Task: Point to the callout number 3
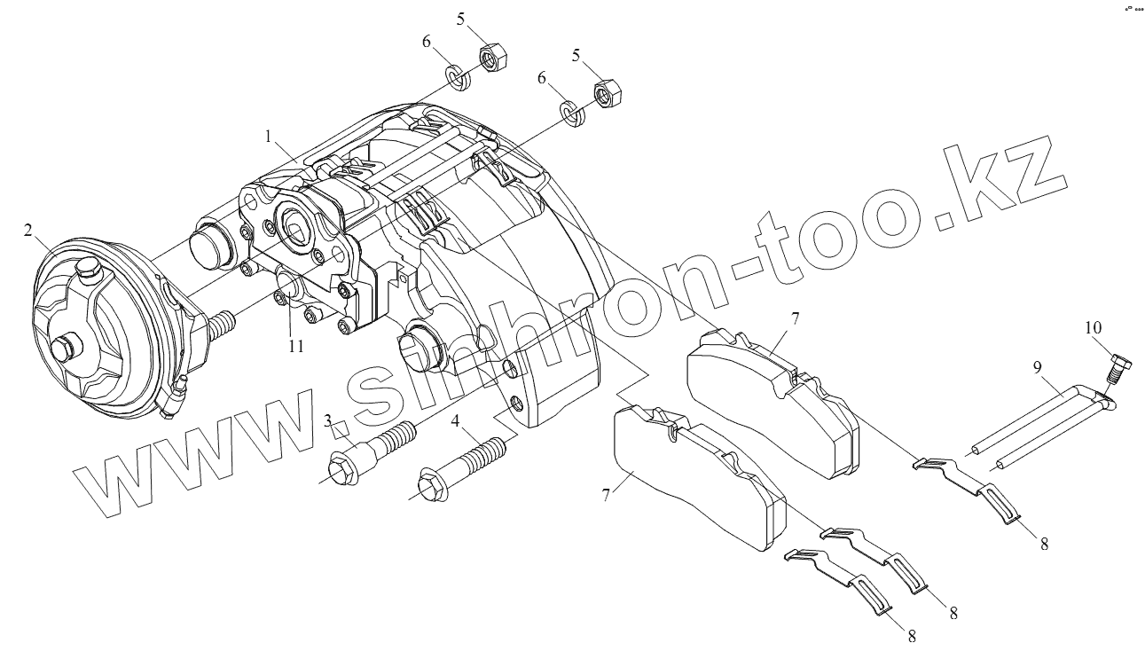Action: (x=327, y=420)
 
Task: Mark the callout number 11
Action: (x=295, y=346)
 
